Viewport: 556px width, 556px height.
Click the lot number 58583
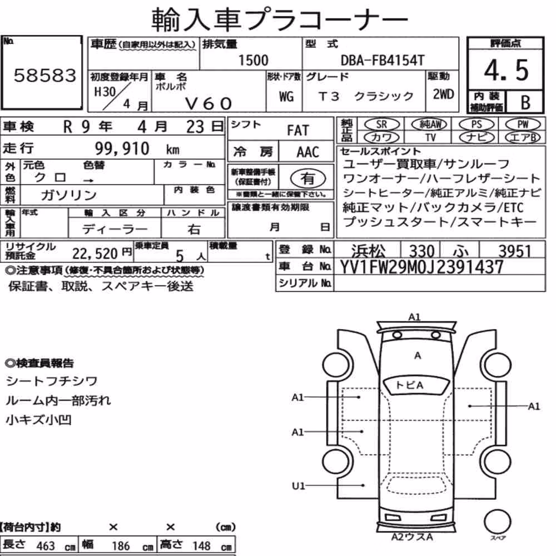(x=44, y=75)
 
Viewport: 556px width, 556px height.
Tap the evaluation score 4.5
(x=506, y=70)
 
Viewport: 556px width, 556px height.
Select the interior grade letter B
(x=525, y=102)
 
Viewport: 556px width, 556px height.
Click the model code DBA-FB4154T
(x=383, y=60)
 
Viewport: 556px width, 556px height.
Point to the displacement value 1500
(x=253, y=60)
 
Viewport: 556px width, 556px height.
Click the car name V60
(x=209, y=103)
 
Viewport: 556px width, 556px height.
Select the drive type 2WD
(x=443, y=94)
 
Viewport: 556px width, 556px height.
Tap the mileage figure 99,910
(x=122, y=148)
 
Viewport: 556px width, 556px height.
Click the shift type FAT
(x=298, y=131)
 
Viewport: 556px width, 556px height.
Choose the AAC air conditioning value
(x=308, y=152)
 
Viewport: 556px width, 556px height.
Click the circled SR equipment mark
(x=382, y=125)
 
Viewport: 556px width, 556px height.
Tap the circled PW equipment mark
(x=523, y=125)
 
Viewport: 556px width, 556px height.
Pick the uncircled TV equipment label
(x=430, y=137)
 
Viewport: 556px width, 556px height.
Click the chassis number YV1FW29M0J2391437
(x=421, y=267)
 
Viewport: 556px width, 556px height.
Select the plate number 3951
(x=514, y=251)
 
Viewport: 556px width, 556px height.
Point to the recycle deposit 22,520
(x=95, y=254)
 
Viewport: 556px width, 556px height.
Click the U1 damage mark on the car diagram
(x=298, y=485)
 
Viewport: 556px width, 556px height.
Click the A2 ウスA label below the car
(x=412, y=537)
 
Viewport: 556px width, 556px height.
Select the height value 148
(x=201, y=546)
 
